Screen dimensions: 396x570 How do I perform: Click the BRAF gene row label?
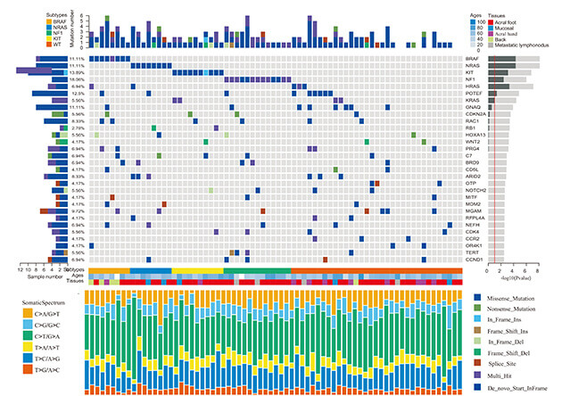[x=472, y=58]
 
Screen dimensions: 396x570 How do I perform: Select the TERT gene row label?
[x=472, y=252]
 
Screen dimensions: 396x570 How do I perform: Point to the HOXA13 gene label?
[x=475, y=134]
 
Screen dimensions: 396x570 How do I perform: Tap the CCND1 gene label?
[x=474, y=260]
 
